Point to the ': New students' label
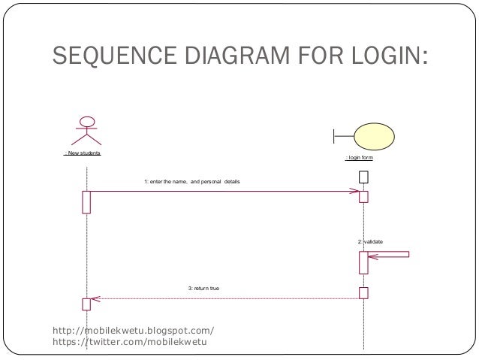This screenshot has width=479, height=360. [83, 153]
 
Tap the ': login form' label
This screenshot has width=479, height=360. [359, 159]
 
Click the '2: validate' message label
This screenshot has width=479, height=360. [370, 241]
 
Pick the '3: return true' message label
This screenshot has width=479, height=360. [203, 289]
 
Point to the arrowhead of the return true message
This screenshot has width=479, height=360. [95, 299]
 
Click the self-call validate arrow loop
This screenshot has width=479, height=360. [390, 256]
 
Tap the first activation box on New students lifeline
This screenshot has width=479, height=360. [86, 201]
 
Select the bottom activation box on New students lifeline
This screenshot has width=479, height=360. [86, 304]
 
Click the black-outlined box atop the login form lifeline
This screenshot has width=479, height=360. [363, 177]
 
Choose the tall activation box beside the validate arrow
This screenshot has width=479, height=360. [363, 262]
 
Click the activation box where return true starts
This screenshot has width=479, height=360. [363, 292]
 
